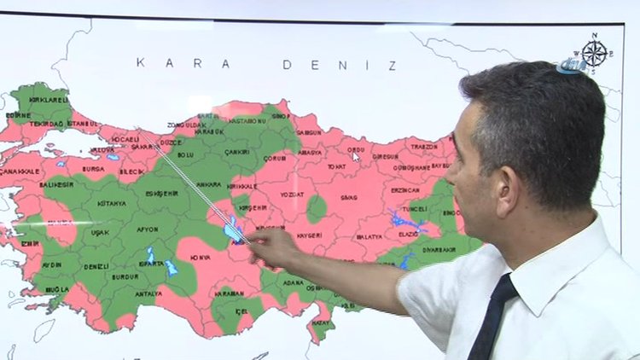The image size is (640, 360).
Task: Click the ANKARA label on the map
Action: [209, 184]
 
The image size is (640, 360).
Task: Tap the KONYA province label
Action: [201, 257]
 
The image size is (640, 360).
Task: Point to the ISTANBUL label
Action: [83, 124]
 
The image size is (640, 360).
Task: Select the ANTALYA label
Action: [148, 293]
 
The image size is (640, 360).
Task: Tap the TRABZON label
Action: [424, 147]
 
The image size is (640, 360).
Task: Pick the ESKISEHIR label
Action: [161, 193]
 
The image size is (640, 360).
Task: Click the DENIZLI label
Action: [96, 266]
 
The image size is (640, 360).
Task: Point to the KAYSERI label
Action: [310, 235]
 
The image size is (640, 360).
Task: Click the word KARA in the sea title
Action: [183, 64]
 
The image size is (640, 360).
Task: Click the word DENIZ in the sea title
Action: [340, 65]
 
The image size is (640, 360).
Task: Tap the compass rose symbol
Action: [595, 53]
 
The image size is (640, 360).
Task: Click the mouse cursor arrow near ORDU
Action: [356, 156]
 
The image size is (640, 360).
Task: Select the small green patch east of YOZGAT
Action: [317, 208]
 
